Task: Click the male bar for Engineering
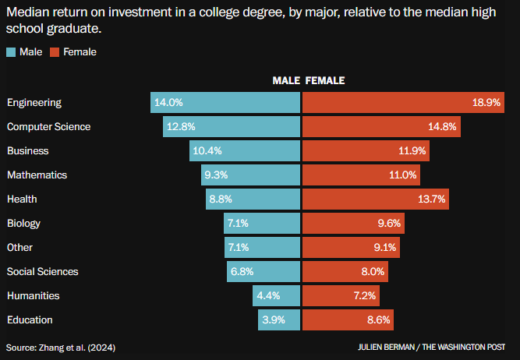tap(225, 102)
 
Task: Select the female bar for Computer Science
tap(380, 126)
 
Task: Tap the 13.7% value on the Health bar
tap(432, 199)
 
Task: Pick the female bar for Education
tap(348, 319)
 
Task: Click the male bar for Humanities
tap(276, 296)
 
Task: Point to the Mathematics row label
tap(37, 175)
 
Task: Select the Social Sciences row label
tap(42, 272)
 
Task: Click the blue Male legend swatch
tap(11, 52)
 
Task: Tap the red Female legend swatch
tap(55, 52)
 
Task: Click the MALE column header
tap(286, 80)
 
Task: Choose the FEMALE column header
tap(325, 80)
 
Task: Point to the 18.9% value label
tap(486, 103)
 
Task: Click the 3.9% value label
tap(274, 320)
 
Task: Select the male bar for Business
tap(244, 150)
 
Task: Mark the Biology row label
tap(23, 224)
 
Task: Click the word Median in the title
tap(26, 12)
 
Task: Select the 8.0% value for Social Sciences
tap(373, 272)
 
